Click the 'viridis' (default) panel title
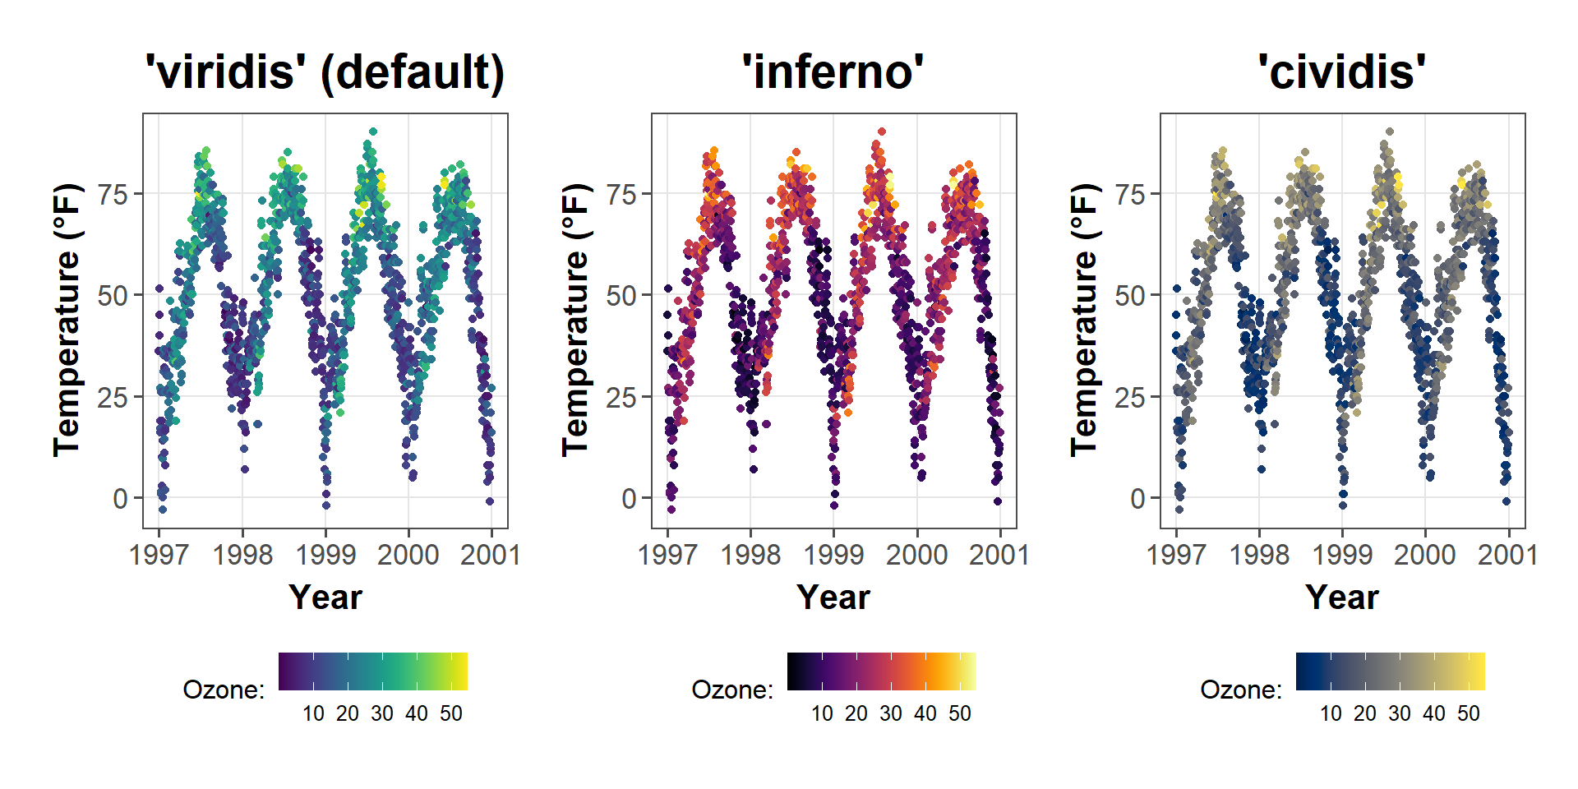(x=325, y=72)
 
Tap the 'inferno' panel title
(x=833, y=72)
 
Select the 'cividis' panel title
(x=1341, y=72)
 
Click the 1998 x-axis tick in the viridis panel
(x=242, y=555)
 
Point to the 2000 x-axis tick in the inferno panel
(x=916, y=555)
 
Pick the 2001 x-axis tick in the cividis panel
(x=1507, y=555)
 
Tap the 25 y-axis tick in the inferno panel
(x=621, y=398)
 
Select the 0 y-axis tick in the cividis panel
(x=1137, y=499)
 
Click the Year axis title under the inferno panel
(x=833, y=598)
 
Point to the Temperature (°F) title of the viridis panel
(x=67, y=321)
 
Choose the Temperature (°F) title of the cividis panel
(x=1085, y=321)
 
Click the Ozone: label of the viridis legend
(x=224, y=690)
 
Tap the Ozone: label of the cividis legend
(x=1241, y=690)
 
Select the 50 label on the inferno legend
(x=960, y=713)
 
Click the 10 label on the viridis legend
(x=313, y=713)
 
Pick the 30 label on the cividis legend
(x=1400, y=713)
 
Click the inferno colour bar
(x=881, y=671)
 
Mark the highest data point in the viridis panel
(x=373, y=131)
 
